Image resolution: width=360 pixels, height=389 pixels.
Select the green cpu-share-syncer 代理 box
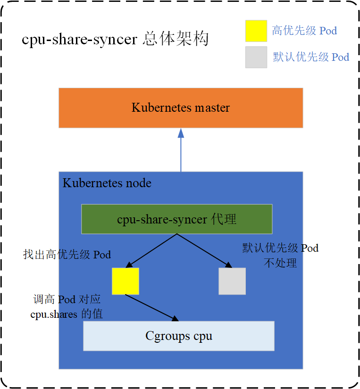pos(176,219)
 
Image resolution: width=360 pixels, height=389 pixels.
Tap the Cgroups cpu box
pos(179,336)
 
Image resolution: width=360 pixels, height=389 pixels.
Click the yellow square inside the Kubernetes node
pos(126,281)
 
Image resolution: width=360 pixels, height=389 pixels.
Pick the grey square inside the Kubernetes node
pos(232,281)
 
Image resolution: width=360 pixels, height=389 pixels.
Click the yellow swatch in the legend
pos(256,31)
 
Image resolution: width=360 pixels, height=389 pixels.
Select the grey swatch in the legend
pos(256,57)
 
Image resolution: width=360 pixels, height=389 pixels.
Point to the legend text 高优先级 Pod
pos(304,31)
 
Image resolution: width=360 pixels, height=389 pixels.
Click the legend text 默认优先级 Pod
pos(311,57)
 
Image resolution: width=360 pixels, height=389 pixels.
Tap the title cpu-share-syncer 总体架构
pos(115,39)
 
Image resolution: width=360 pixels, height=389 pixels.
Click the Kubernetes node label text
pos(107,183)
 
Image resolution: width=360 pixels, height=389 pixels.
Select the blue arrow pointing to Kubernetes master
pos(181,151)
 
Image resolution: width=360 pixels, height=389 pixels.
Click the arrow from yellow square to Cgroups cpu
pos(152,307)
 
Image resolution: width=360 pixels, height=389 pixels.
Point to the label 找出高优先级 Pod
pos(67,255)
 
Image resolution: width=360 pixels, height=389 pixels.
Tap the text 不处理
pos(280,263)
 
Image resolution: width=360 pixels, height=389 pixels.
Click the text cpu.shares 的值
pos(67,314)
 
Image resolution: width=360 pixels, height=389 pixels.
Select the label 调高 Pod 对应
pos(67,300)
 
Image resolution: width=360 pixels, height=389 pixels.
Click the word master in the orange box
pos(212,108)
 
